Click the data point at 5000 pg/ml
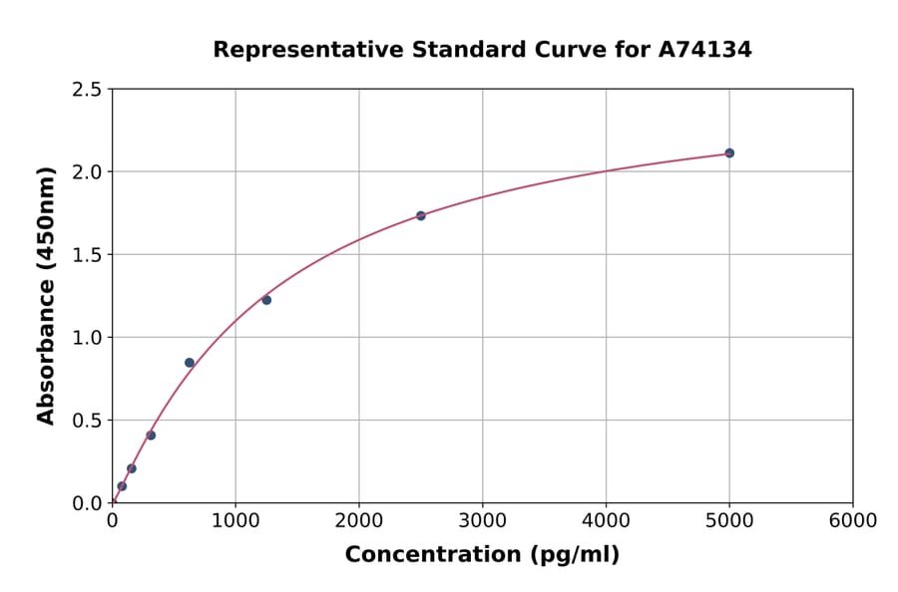[729, 152]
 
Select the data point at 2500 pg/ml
[421, 215]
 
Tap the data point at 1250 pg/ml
[266, 300]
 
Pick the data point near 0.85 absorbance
[190, 363]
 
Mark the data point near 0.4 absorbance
[151, 436]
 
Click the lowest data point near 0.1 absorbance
[122, 486]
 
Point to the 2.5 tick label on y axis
[88, 90]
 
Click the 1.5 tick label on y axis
[88, 255]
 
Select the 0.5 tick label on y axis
[88, 421]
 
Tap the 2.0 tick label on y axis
[88, 172]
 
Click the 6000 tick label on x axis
[852, 521]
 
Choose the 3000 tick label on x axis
[482, 521]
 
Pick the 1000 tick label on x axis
[235, 521]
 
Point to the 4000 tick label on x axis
[606, 521]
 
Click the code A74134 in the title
[705, 49]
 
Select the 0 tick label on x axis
[112, 521]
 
